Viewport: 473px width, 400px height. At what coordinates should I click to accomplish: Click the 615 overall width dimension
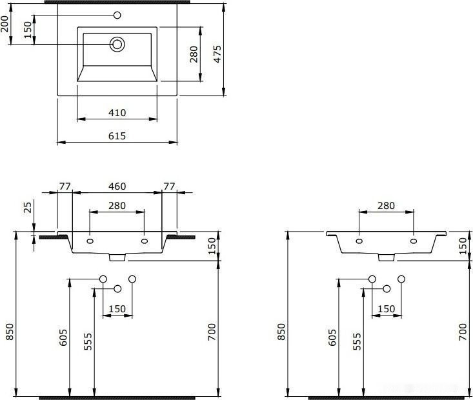coord(117,135)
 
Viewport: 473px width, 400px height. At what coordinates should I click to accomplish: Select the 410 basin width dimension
coord(117,113)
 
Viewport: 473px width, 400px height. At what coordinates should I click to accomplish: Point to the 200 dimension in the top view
coord(6,25)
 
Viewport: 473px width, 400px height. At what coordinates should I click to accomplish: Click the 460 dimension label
coord(117,186)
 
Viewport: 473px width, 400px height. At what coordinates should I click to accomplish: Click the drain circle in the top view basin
coord(117,44)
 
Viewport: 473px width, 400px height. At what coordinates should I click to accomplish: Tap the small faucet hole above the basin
coord(117,15)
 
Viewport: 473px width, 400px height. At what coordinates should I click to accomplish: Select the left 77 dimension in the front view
coord(65,186)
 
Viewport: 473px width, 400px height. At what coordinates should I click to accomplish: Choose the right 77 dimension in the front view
coord(169,186)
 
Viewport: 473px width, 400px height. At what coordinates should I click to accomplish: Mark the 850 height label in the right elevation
coord(279,332)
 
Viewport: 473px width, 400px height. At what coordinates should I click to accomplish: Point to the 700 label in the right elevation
coord(462,332)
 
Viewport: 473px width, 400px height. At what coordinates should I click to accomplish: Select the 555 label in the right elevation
coord(357,341)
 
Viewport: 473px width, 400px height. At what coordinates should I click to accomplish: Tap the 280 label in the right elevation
coord(385,206)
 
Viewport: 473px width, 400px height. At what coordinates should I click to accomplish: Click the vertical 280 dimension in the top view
coord(193,55)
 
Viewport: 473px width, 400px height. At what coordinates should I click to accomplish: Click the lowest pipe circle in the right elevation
coord(387,288)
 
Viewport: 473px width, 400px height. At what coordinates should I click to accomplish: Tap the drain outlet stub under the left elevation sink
coord(117,257)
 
